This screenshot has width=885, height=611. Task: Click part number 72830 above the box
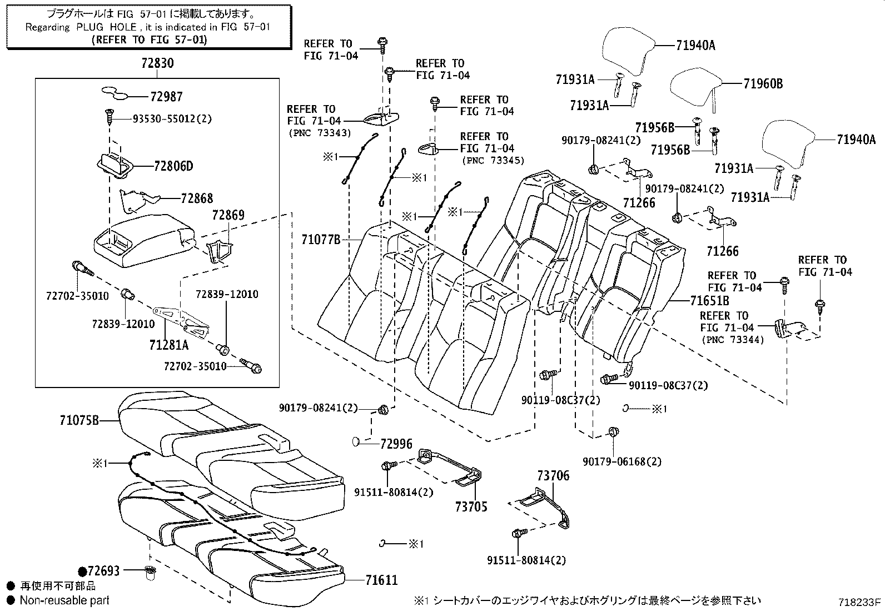157,63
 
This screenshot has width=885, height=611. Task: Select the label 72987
166,97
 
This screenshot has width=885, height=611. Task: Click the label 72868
197,198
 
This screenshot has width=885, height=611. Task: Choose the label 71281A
170,345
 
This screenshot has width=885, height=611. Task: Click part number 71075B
79,420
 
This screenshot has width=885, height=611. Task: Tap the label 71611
382,580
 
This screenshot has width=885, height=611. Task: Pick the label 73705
471,506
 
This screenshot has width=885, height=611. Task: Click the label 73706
553,476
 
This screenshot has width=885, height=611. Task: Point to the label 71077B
321,240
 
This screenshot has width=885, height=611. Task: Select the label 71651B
709,301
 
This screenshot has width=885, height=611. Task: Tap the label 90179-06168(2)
622,461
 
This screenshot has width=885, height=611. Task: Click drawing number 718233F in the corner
860,602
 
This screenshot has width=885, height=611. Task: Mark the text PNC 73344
733,340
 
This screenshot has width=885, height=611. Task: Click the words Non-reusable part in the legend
64,600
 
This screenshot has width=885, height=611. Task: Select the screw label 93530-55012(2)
172,119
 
